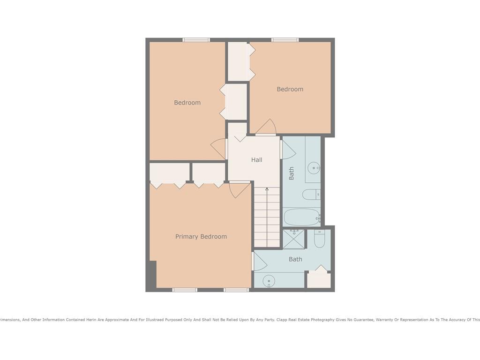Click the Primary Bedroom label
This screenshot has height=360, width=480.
coord(201,237)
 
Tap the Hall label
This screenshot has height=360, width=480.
coord(256,160)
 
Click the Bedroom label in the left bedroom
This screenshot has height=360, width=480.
coord(187,103)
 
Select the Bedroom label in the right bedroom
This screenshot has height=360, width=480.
coord(290,89)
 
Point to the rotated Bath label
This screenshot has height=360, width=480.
coord(292,173)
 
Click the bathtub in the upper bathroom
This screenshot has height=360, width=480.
coord(301,217)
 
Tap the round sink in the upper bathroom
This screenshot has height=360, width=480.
coord(313,167)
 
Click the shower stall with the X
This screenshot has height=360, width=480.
coord(294,239)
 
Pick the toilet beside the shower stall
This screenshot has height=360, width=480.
coord(320,239)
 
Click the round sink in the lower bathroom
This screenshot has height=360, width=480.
coord(269,281)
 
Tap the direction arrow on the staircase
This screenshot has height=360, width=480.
coord(267,190)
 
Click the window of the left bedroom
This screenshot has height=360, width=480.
coord(196,40)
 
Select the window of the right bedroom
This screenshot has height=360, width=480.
coord(285,40)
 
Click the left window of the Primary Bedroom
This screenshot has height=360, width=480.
coord(185,290)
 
